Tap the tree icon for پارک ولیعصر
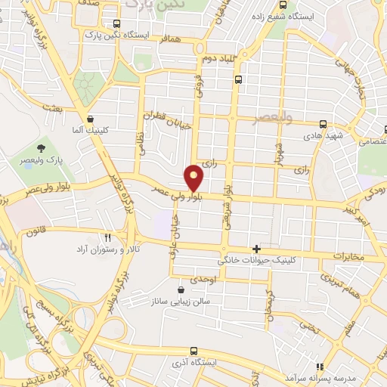coord(40,147)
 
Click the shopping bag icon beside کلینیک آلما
coord(91,118)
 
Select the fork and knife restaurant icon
coord(107,237)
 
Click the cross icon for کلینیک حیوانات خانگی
coord(257,249)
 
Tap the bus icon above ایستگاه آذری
coord(194,351)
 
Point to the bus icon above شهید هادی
coord(323,124)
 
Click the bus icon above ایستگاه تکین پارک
coord(116,23)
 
